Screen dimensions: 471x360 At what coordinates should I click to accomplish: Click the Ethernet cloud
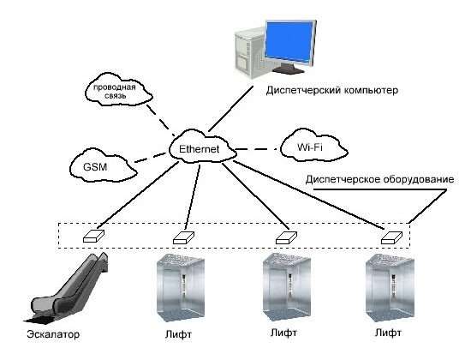pos(202,147)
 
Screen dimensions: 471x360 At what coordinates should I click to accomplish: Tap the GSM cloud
pos(102,165)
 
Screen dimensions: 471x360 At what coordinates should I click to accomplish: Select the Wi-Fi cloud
pos(313,147)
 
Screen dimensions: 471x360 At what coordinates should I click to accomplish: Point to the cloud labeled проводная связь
pos(117,90)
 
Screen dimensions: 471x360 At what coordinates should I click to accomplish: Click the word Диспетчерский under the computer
pos(303,90)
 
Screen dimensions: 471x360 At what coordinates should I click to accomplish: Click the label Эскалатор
pos(53,334)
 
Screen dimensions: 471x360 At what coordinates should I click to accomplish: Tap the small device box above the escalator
pos(93,236)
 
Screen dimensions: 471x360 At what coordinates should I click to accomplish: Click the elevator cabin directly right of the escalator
pos(181,287)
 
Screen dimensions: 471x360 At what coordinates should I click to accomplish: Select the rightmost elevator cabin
pos(390,287)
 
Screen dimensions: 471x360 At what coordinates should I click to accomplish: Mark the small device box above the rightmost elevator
pos(391,237)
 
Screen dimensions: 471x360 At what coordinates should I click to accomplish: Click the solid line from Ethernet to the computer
pos(230,109)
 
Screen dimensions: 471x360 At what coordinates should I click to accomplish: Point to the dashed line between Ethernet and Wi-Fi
pos(258,148)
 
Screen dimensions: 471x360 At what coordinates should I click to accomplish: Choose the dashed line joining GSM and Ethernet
pos(151,158)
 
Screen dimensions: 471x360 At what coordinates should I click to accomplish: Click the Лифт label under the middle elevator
pos(283,333)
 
